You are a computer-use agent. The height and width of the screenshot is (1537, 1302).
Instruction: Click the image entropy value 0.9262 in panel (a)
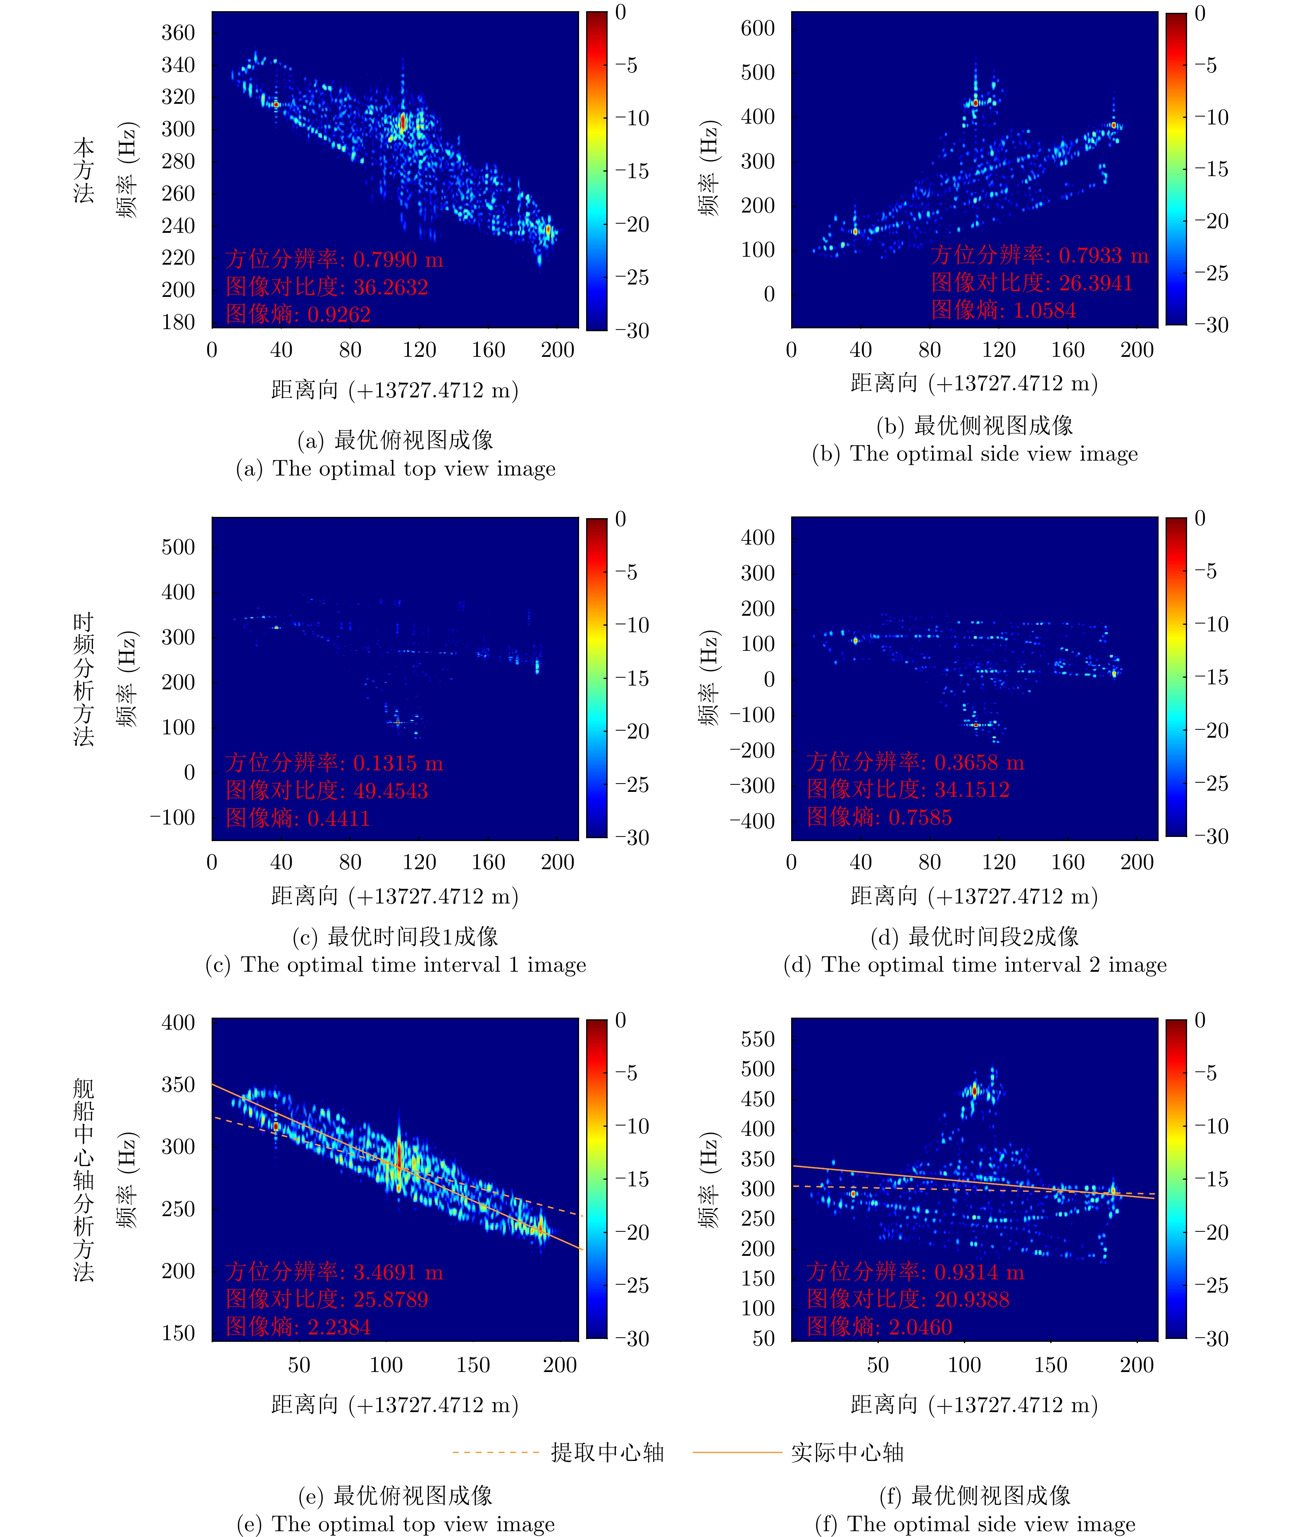339,315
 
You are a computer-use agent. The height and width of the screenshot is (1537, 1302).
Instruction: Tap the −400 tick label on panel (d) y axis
752,821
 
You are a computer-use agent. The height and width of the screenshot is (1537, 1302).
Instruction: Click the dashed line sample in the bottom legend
496,1452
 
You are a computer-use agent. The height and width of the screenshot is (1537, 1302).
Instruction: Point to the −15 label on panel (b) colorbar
1211,169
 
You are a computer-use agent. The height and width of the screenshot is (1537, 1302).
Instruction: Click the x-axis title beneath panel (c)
395,896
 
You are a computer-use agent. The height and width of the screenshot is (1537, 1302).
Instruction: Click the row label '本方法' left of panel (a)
83,170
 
